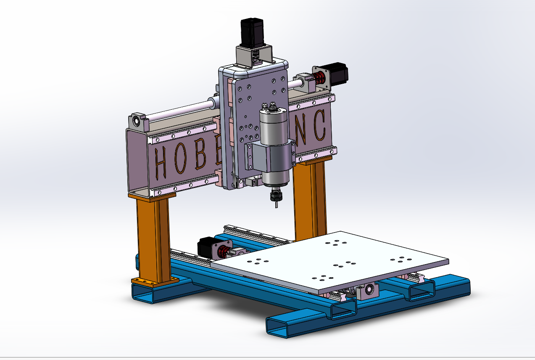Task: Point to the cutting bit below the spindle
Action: (276, 205)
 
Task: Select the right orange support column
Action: (310, 198)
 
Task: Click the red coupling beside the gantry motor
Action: (320, 78)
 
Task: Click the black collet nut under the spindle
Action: (275, 196)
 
